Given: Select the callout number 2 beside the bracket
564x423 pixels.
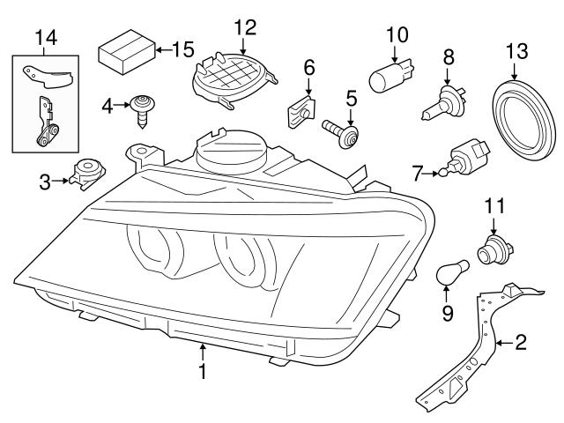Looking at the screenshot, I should point(521,341).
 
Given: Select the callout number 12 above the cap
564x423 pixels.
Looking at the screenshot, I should point(243,26).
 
